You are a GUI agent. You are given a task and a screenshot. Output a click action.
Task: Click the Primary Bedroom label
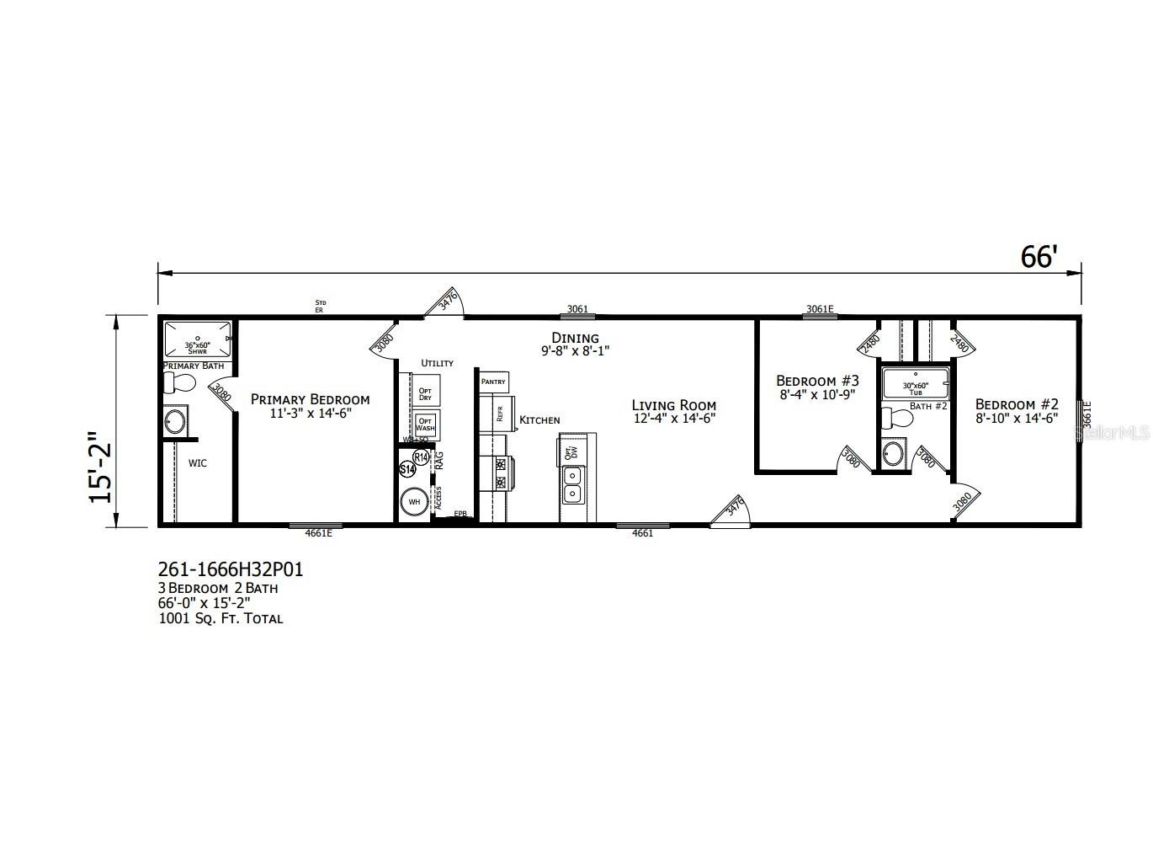point(310,399)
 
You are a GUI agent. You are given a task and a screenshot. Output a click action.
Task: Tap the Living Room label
point(673,405)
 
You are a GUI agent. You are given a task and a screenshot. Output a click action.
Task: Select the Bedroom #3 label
point(817,381)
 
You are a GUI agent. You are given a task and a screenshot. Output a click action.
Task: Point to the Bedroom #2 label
point(1017,404)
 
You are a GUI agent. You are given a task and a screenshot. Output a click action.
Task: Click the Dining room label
point(576,338)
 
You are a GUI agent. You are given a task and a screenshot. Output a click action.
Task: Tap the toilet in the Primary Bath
point(179,384)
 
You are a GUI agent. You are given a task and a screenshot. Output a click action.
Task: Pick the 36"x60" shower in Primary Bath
point(196,339)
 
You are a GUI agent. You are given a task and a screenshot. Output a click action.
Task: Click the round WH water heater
point(414,502)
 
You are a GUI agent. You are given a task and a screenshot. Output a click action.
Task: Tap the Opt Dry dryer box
point(425,393)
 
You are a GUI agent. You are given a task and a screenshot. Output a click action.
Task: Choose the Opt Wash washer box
point(425,424)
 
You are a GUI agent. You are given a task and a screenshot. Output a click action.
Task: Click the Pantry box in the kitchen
point(493,382)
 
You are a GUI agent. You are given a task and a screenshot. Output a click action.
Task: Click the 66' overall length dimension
point(1038,257)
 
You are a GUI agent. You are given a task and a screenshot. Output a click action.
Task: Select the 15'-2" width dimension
point(101,467)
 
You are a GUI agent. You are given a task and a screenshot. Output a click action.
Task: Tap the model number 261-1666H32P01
point(231,569)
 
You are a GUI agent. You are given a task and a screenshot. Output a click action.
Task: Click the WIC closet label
point(198,463)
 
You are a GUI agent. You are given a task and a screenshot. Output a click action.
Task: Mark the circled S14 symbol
point(406,469)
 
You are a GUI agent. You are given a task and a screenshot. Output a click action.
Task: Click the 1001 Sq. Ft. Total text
point(221,618)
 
